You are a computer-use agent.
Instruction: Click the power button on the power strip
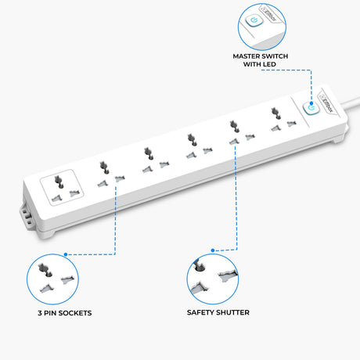[x=311, y=108]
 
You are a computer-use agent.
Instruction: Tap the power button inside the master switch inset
[x=254, y=20]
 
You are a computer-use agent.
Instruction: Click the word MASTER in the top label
[x=247, y=56]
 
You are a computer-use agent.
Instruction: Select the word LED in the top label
[x=270, y=64]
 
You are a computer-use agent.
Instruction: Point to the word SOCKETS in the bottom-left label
[x=77, y=313]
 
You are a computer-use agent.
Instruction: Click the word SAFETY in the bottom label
[x=200, y=312]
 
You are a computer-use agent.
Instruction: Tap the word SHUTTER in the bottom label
[x=232, y=312]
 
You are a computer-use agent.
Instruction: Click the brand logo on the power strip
[x=326, y=103]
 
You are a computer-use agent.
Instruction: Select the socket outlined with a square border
[x=62, y=188]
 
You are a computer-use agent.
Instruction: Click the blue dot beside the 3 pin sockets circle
[x=66, y=254]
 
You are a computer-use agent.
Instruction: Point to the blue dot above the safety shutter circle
[x=213, y=250]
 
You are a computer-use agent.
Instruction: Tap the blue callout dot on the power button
[x=311, y=103]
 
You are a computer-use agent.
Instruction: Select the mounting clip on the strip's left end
[x=26, y=214]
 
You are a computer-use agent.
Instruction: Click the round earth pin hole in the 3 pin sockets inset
[x=49, y=274]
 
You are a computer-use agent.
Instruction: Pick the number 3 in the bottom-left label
[x=40, y=313]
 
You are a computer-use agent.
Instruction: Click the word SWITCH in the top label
[x=275, y=56]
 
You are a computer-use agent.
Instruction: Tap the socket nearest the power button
[x=282, y=119]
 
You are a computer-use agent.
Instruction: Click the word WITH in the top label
[x=252, y=64]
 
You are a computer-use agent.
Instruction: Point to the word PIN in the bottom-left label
[x=52, y=313]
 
